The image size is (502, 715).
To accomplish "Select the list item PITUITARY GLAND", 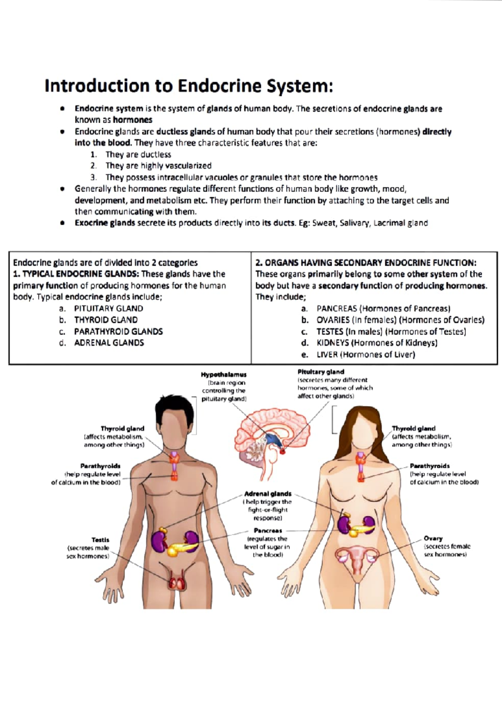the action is [x=108, y=309].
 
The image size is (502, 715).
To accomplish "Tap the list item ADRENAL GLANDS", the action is [x=109, y=342].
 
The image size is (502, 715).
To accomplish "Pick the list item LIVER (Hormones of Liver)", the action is [x=366, y=354].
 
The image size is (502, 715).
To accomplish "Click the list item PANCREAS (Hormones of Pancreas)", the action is [x=383, y=309].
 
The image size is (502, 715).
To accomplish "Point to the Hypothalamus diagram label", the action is [x=223, y=374].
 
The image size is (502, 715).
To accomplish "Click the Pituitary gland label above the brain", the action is [x=320, y=372].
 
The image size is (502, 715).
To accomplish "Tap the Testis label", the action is [x=100, y=540].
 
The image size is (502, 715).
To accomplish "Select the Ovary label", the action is [x=433, y=538].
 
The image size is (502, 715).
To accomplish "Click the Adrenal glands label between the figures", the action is [x=268, y=494].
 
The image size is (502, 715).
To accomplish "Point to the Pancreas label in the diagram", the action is [x=268, y=530].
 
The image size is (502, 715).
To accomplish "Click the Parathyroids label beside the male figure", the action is [x=100, y=466].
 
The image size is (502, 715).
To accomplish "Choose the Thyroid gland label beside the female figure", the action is [x=413, y=428].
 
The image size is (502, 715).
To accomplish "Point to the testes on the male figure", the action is [x=177, y=583].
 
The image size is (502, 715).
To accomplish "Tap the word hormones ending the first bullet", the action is [x=133, y=120].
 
